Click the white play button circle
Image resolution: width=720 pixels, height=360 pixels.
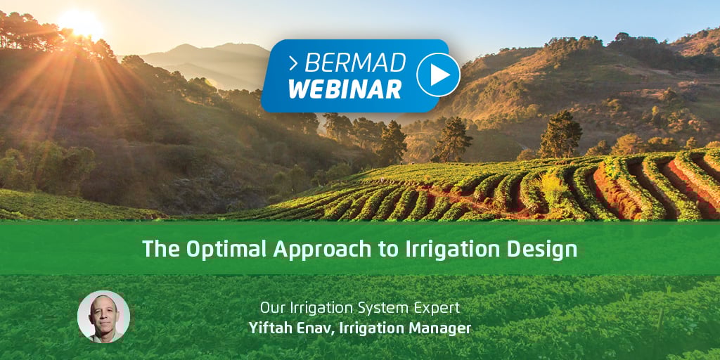[438, 75]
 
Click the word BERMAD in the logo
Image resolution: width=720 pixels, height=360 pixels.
[355, 63]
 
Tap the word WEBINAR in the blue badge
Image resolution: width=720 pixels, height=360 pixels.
[345, 89]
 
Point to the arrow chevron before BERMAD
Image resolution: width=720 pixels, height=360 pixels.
[294, 64]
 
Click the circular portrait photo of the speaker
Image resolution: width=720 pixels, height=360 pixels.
[103, 317]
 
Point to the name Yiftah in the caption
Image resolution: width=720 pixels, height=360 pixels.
[265, 328]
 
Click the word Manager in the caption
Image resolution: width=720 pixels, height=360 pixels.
[447, 328]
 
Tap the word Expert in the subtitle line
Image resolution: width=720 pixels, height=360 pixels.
[440, 308]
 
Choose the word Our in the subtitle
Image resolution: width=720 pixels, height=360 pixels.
[269, 308]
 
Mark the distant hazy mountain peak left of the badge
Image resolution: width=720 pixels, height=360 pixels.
[186, 46]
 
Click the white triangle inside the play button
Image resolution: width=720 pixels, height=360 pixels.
[439, 75]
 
